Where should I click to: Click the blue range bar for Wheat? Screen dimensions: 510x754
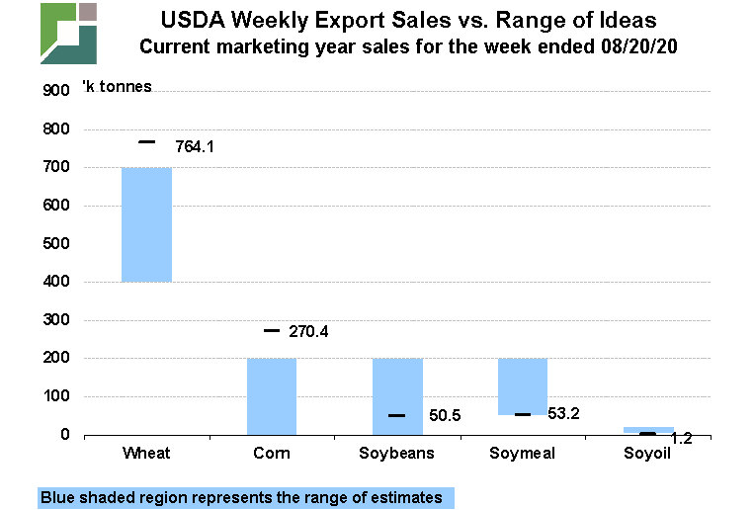point(146,224)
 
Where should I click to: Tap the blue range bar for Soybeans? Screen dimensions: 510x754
point(397,396)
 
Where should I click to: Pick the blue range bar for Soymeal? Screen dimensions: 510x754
point(523,385)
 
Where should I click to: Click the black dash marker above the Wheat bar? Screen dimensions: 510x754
point(146,142)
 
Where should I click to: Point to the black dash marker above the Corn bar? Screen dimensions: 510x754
point(272,331)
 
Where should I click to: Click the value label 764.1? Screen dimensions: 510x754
point(195,146)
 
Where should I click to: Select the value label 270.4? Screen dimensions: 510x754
point(307,332)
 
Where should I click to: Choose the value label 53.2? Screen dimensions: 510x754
point(563,414)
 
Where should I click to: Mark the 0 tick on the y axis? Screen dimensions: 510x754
point(65,435)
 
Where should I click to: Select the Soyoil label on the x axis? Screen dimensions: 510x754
point(647,454)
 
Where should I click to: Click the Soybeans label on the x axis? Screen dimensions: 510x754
point(397,454)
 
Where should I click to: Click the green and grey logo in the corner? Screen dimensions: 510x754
point(68,34)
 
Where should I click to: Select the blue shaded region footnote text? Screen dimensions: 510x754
point(242,497)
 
